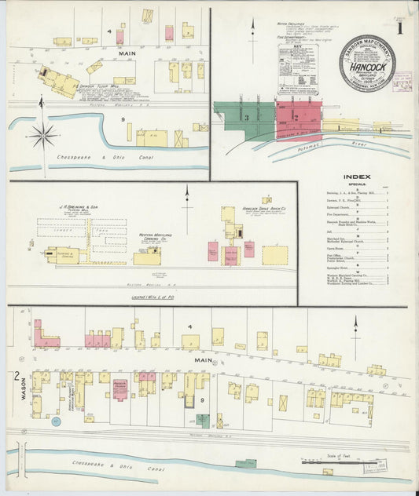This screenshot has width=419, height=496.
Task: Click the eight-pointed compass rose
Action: coord(43,134)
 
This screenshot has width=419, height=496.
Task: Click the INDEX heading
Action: coord(356,176)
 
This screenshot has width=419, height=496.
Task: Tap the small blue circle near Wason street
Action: coord(56,421)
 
